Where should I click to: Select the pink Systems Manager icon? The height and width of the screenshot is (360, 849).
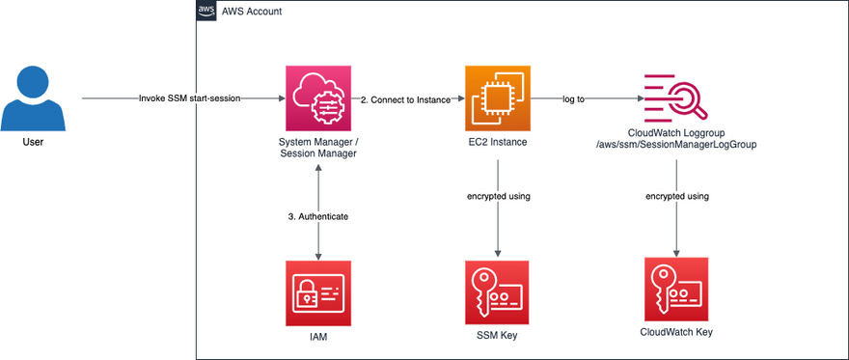click(317, 98)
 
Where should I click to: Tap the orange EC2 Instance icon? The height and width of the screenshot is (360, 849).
click(498, 98)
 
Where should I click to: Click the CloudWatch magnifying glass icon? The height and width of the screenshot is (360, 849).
click(676, 98)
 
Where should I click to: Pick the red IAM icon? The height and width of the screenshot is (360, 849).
click(317, 292)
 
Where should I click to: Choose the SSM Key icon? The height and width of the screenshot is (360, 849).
click(498, 292)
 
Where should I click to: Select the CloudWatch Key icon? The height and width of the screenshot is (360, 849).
click(676, 290)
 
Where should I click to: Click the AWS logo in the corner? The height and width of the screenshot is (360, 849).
click(205, 11)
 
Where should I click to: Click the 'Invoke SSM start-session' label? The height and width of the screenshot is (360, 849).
click(189, 99)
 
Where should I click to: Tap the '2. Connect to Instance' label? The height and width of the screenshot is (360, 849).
click(405, 99)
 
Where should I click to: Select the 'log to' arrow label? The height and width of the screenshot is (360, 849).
click(574, 99)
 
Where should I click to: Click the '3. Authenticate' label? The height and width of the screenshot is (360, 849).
click(317, 216)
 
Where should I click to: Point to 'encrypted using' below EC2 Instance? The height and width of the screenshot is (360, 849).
click(498, 196)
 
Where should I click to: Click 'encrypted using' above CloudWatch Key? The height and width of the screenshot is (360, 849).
click(677, 196)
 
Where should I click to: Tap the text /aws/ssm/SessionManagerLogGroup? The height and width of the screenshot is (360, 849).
click(676, 145)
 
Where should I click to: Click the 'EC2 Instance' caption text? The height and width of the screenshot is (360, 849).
click(498, 143)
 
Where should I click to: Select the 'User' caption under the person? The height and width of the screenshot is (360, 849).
click(33, 143)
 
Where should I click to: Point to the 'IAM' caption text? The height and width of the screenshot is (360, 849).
click(317, 338)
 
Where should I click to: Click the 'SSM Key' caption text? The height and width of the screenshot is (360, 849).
click(498, 336)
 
